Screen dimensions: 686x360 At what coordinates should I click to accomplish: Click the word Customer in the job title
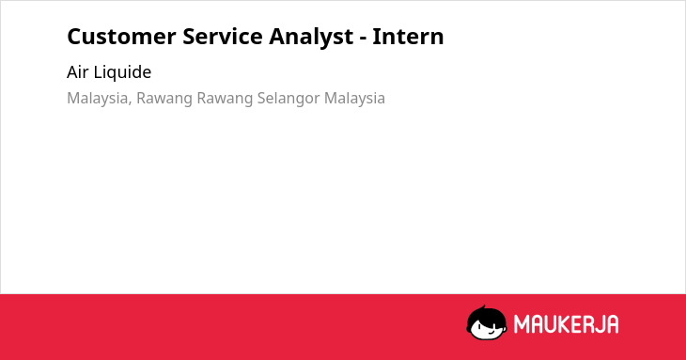coord(121,37)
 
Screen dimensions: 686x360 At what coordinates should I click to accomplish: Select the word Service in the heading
coord(223,37)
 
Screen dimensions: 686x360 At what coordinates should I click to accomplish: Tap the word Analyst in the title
coord(311,38)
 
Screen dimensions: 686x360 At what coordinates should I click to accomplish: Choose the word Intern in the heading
coord(408,37)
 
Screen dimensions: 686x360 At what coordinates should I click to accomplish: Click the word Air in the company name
coord(77,72)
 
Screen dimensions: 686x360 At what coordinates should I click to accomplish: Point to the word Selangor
coord(288,99)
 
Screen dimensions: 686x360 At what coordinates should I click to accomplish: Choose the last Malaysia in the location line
coord(355,99)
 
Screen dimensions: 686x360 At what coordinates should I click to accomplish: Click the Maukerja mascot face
coord(487,323)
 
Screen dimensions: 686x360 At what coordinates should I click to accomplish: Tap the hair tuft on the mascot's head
coord(483,307)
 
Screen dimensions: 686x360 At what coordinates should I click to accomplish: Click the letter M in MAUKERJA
coord(521,324)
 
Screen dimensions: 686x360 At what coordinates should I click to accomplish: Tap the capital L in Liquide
coord(98,72)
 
